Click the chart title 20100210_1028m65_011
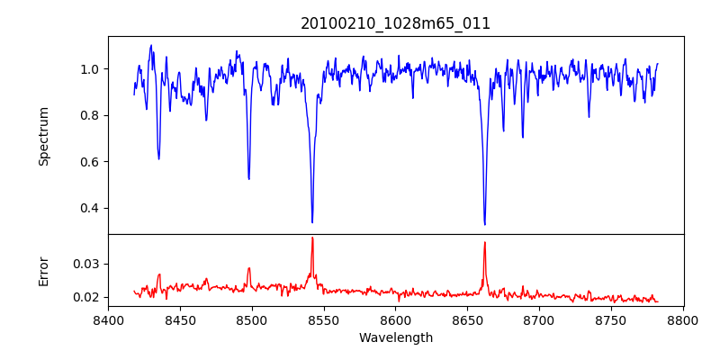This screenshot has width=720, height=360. point(395,23)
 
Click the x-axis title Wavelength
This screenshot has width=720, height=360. point(395,337)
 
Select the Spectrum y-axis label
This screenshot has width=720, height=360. point(43,136)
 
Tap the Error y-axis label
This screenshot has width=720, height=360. point(43,271)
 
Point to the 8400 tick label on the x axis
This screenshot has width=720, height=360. point(108,320)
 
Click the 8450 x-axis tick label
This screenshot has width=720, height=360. point(180,320)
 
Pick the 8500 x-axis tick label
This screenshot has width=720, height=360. point(252,320)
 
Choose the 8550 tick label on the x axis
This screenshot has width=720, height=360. point(324,320)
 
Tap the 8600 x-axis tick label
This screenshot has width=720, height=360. point(395,320)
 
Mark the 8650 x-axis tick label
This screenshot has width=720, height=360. point(467,320)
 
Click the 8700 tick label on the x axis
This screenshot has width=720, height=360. point(539,320)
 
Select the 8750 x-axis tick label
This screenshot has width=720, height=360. point(611,320)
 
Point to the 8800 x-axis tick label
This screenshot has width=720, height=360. point(683,320)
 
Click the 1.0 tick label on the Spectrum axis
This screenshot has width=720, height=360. point(90,69)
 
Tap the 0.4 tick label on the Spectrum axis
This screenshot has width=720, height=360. point(90,208)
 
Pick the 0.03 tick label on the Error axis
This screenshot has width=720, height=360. point(86,264)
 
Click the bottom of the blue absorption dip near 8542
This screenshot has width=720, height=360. point(312,222)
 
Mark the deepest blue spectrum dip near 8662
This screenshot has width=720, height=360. point(484,224)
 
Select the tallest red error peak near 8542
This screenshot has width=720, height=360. point(312,238)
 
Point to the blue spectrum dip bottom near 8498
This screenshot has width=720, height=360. point(249,178)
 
